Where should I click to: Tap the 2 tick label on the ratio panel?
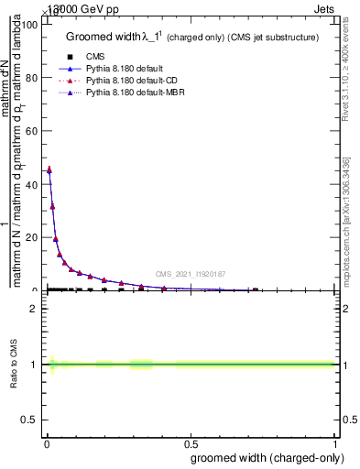point(35,309)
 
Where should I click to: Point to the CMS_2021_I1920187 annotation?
point(190,274)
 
